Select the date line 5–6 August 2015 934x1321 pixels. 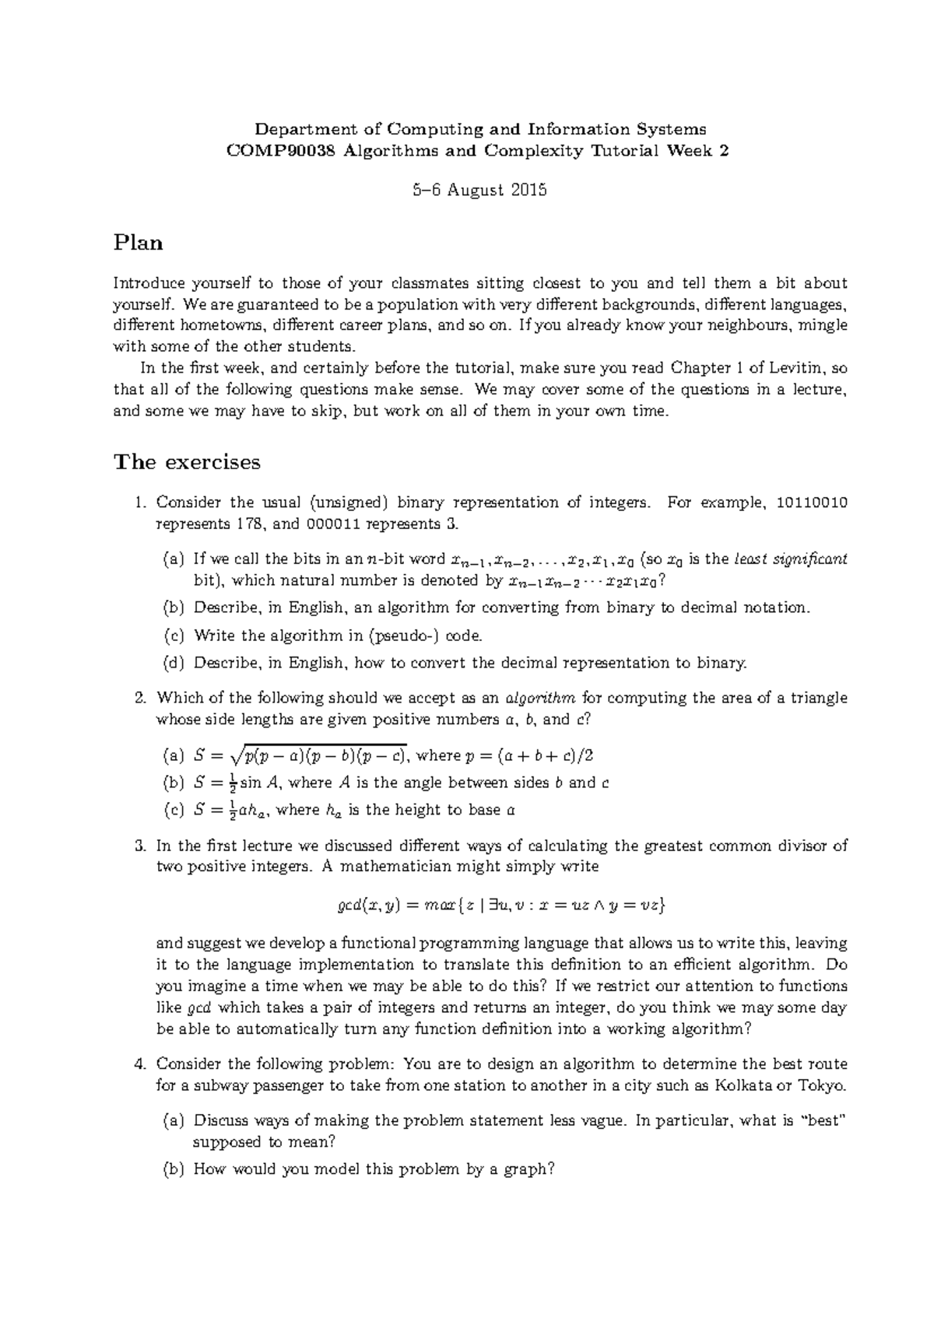point(467,190)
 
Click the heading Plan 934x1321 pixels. point(139,243)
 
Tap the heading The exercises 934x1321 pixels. point(187,462)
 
